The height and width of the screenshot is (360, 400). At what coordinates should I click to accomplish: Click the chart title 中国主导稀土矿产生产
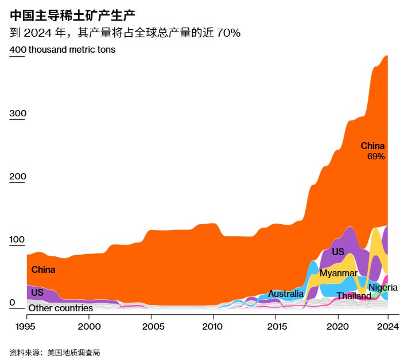[x=72, y=13]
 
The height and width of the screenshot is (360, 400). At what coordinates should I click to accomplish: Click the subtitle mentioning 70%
[x=125, y=32]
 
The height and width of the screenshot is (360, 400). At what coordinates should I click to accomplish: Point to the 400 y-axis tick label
[x=18, y=50]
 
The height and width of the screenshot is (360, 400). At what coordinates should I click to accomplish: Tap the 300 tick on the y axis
[x=18, y=114]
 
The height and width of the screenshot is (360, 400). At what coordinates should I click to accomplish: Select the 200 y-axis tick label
[x=18, y=177]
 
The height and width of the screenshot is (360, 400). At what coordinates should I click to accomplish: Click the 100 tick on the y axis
[x=18, y=240]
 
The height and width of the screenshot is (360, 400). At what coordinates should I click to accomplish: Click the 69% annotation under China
[x=375, y=156]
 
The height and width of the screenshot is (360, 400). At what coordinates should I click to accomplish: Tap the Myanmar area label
[x=339, y=273]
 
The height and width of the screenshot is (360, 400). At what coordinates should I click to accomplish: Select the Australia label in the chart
[x=286, y=294]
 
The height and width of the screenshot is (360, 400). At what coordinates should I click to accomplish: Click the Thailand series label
[x=354, y=296]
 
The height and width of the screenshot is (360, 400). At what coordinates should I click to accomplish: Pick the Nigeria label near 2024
[x=383, y=287]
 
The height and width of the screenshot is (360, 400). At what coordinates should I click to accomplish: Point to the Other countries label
[x=61, y=308]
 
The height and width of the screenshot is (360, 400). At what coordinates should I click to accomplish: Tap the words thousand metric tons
[x=72, y=50]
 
